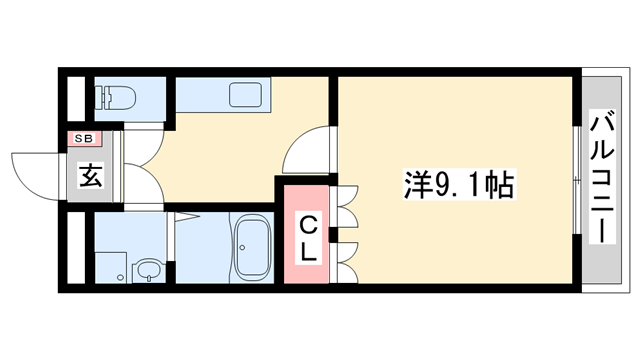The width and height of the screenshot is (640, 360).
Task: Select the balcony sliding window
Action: pos(577,180)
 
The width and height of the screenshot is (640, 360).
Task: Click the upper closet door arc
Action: pos(346,206)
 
